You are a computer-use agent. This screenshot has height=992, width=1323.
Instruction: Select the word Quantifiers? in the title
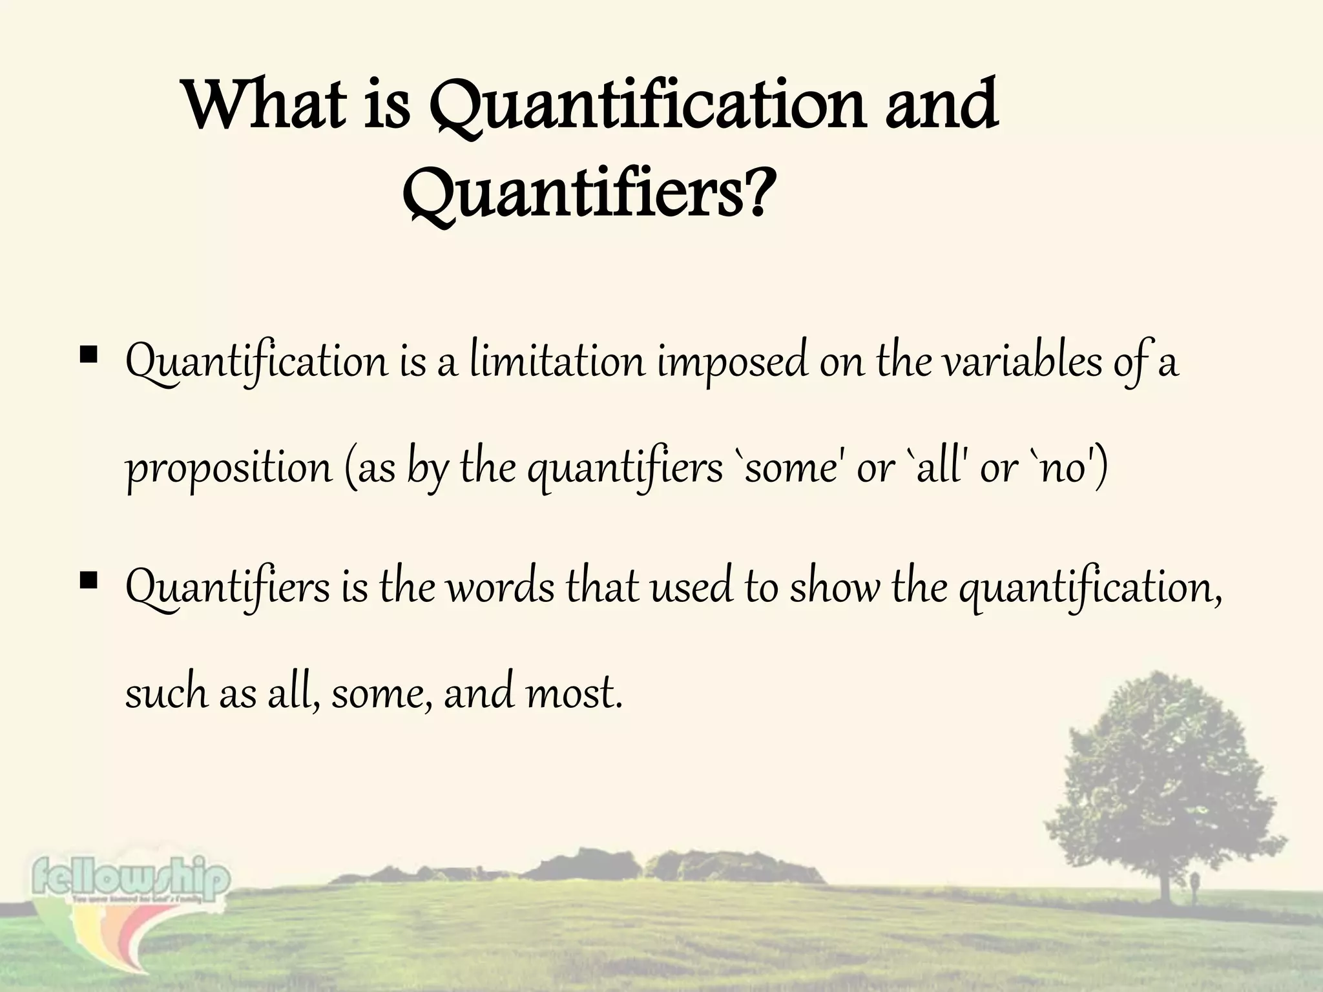point(588,194)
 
